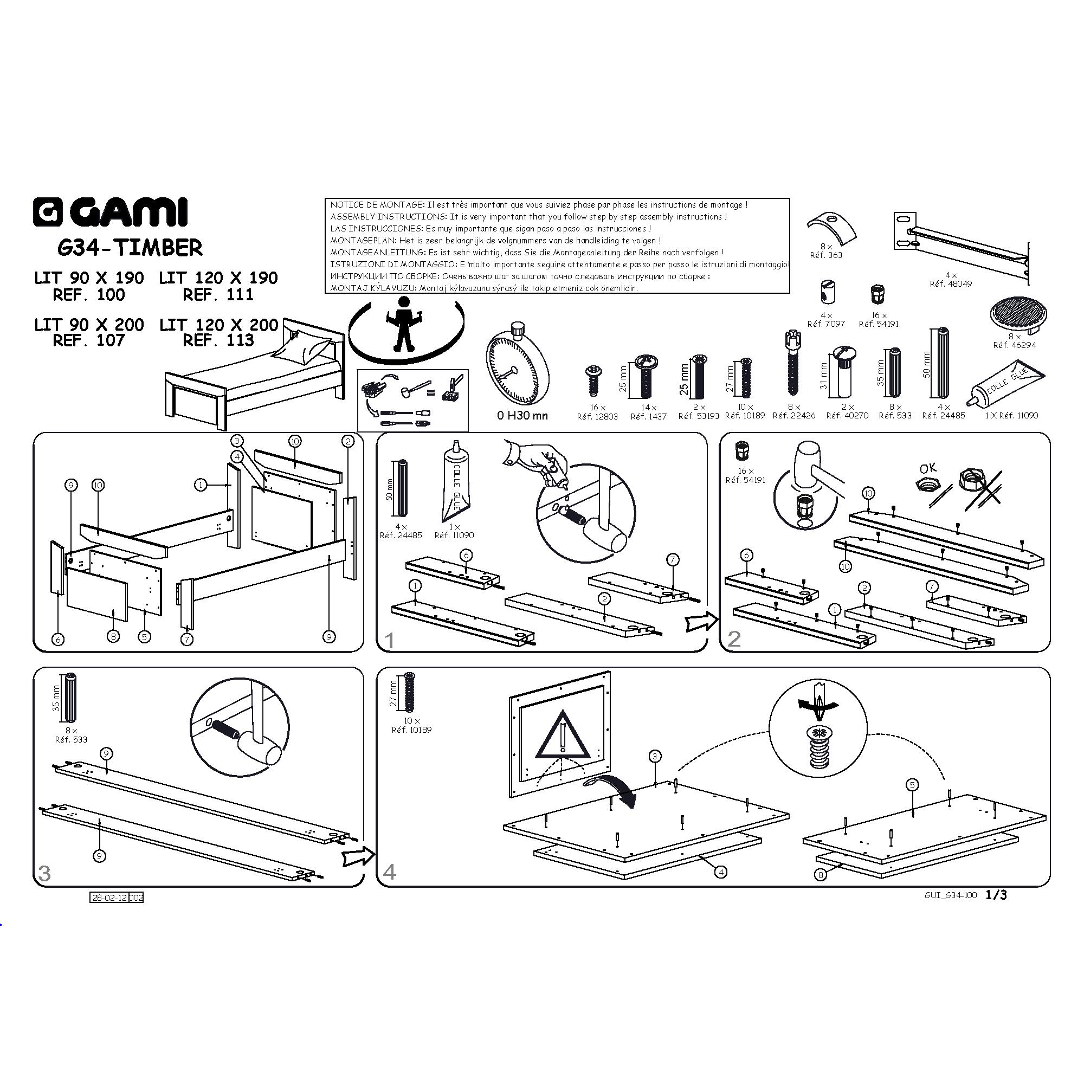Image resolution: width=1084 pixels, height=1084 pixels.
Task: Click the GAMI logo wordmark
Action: [110, 212]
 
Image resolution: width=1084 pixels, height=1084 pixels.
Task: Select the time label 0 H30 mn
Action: [522, 416]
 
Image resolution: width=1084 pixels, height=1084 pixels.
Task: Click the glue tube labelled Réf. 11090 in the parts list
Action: [1006, 384]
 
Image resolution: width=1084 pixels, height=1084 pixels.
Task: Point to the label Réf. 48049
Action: [951, 284]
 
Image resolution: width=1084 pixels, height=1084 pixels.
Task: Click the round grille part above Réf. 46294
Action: [1018, 314]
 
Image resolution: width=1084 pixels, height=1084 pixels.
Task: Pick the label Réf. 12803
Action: [597, 416]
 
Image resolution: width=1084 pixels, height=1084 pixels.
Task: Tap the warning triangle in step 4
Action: [562, 735]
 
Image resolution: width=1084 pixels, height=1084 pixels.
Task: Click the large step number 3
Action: [44, 873]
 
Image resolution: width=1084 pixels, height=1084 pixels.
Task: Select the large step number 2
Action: [734, 638]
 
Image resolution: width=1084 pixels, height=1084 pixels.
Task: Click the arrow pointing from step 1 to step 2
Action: [701, 622]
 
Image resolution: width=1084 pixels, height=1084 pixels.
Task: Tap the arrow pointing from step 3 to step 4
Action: [358, 856]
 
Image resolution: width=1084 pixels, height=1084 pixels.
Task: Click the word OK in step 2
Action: [929, 467]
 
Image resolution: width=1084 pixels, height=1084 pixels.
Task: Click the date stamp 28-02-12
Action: [109, 898]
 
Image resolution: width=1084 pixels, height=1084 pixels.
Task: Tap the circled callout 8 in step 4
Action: [820, 874]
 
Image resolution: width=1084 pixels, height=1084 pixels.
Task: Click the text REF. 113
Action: [218, 340]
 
